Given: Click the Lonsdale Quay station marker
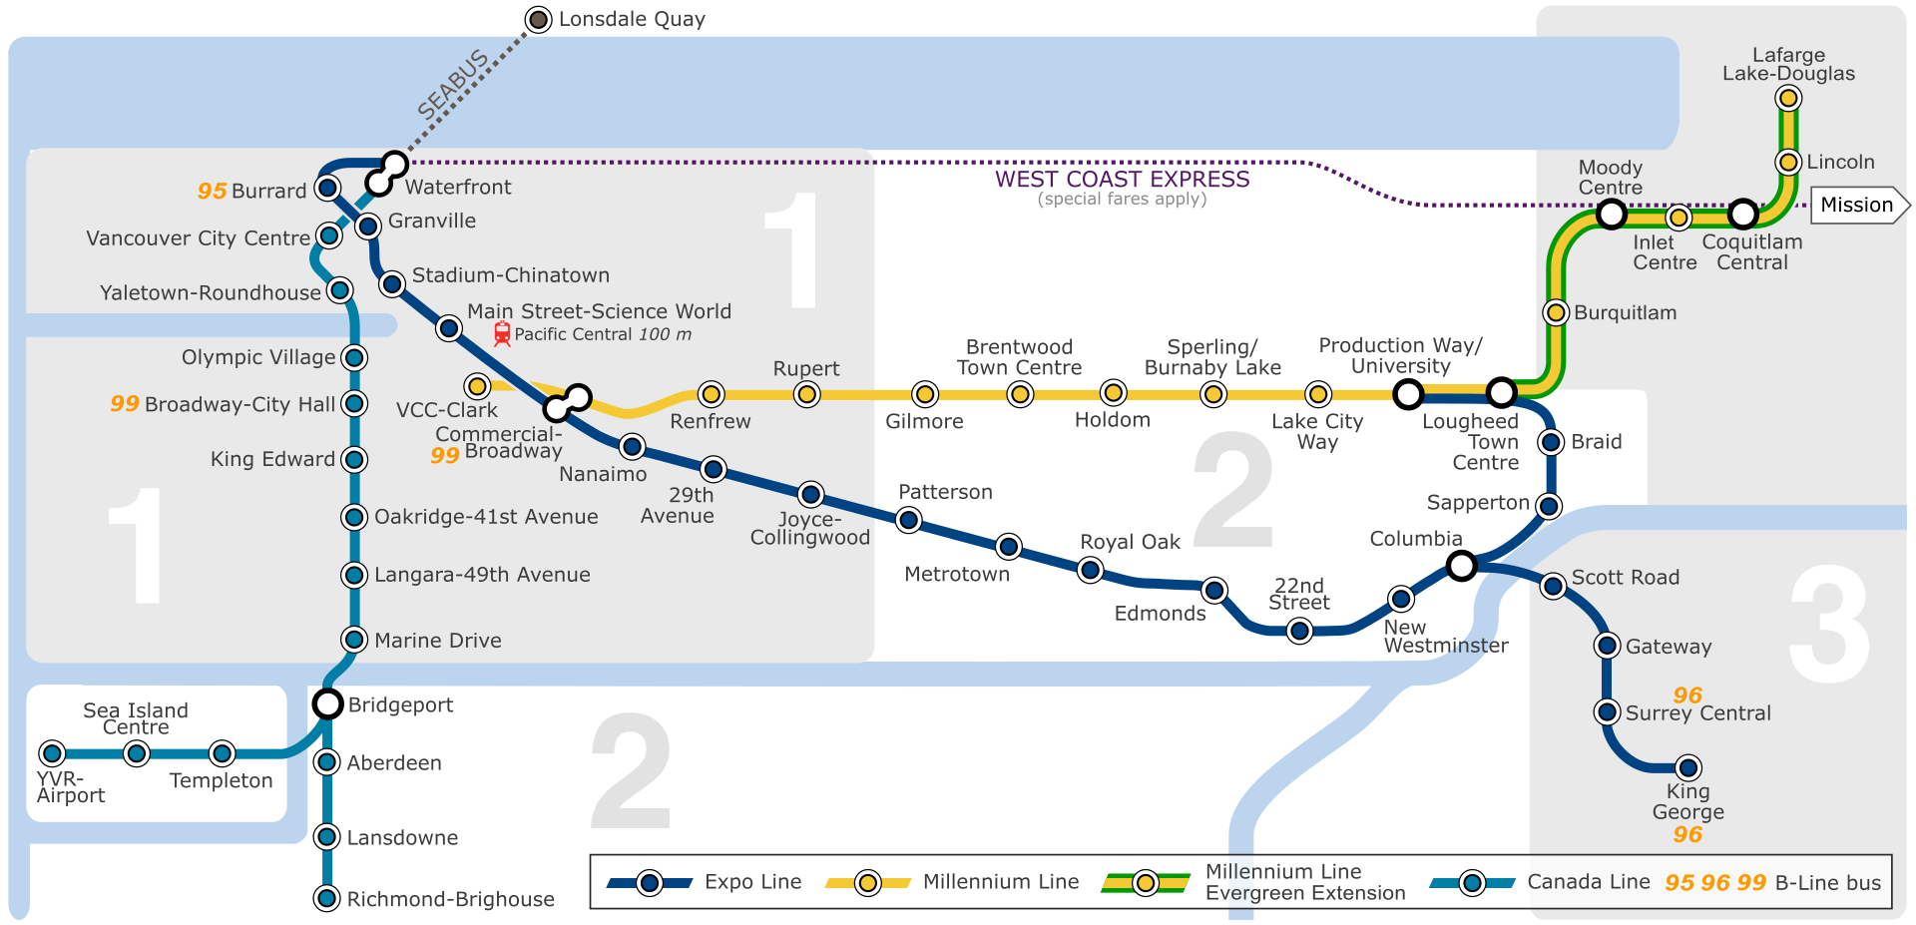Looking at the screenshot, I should click(x=539, y=19).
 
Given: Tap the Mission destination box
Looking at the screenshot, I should click(x=1856, y=206).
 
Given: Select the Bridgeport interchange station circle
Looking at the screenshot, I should click(x=327, y=703).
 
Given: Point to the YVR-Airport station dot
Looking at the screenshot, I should click(x=52, y=753).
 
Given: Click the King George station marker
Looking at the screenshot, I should click(x=1687, y=767).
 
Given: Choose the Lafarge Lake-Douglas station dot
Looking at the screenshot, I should click(x=1788, y=98).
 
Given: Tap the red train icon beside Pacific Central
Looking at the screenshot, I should click(x=502, y=334).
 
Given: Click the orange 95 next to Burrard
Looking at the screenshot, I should click(x=212, y=191).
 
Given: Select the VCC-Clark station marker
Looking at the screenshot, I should click(x=477, y=386).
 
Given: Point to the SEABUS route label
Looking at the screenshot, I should click(x=452, y=85).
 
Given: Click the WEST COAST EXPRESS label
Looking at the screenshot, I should click(x=1122, y=180).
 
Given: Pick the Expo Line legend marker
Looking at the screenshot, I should click(x=650, y=883).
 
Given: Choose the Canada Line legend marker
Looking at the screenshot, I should click(x=1472, y=883).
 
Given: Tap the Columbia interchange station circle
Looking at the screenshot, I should click(x=1461, y=567).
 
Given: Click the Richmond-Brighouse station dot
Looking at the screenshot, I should click(x=326, y=898).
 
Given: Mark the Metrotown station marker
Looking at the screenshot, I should click(x=1009, y=546).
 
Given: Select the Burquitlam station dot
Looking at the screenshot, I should click(x=1555, y=312).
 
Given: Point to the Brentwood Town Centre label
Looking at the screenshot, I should click(x=1019, y=357).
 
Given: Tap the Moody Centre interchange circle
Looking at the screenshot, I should click(x=1611, y=214).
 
